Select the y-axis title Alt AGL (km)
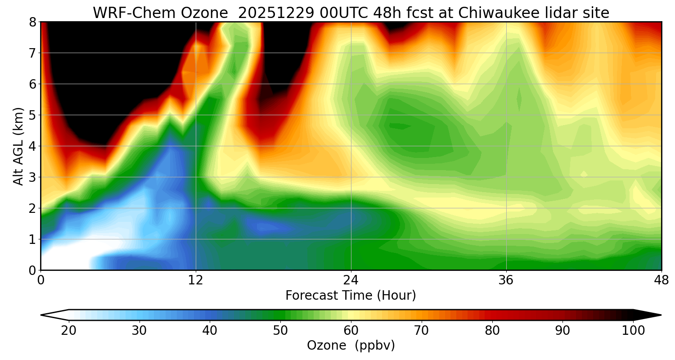[x=18, y=146]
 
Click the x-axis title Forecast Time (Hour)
[x=351, y=296]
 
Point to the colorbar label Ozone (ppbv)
[x=351, y=346]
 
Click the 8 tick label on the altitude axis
[x=32, y=22]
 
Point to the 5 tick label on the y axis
[x=32, y=115]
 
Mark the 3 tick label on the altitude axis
[x=32, y=177]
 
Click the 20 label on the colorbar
[x=69, y=331]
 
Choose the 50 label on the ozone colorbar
[x=280, y=331]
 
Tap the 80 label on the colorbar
[x=492, y=331]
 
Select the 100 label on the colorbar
[x=633, y=331]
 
